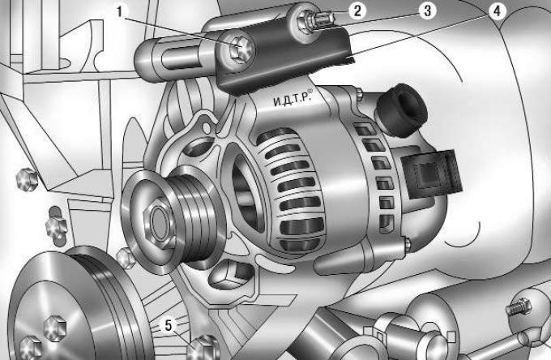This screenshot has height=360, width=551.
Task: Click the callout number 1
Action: [x=120, y=11]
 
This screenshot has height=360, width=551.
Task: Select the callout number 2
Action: [x=357, y=11]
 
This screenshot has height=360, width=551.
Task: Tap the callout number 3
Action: [x=427, y=11]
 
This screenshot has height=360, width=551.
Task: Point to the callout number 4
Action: [x=497, y=11]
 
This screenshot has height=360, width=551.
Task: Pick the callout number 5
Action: [x=169, y=325]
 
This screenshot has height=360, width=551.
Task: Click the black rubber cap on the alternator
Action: [x=403, y=109]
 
